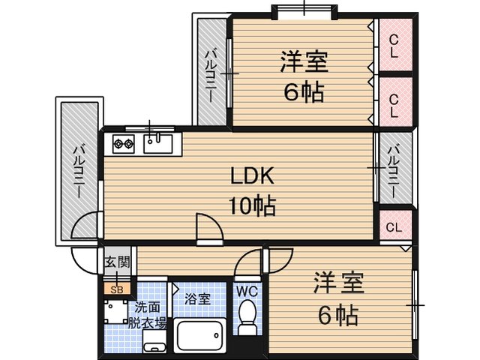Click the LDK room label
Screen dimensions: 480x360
(252, 176)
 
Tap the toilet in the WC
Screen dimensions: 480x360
(248, 316)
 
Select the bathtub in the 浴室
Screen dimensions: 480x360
(200, 335)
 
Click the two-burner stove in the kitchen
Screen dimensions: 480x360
(123, 143)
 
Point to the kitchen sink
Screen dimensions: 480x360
(158, 143)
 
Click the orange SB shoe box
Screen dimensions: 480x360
(117, 289)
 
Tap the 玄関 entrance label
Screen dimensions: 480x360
(117, 262)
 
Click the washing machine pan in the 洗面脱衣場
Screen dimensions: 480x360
(115, 311)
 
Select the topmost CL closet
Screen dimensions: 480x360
(395, 45)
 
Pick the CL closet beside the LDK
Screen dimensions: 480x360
(395, 226)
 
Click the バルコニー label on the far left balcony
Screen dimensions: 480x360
(79, 172)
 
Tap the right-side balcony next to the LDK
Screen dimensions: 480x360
(395, 168)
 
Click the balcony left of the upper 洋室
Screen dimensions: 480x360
(212, 72)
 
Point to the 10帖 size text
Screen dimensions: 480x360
(252, 205)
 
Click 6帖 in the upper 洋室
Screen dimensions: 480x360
(304, 91)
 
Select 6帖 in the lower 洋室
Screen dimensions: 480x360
(338, 315)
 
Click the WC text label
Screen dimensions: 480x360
(247, 292)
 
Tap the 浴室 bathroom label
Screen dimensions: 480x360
(197, 299)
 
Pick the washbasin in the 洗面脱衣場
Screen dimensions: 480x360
(154, 342)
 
